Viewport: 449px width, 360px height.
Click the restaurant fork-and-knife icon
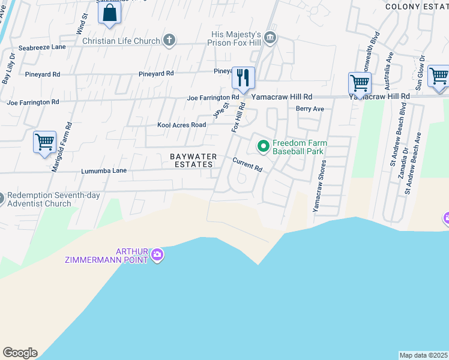tap(243, 77)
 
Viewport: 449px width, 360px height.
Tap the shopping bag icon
tap(109, 12)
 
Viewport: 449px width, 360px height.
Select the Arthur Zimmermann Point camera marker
tap(157, 255)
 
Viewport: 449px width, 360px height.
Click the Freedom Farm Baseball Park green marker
tap(263, 146)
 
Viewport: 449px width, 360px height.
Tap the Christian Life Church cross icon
tap(169, 41)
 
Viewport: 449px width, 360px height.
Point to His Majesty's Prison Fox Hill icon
tap(270, 38)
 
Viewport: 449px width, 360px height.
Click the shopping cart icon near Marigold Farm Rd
tap(45, 142)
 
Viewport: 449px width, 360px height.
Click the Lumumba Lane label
tap(104, 171)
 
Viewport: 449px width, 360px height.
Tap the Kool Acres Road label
tap(181, 125)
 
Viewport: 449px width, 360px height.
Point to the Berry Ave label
tap(310, 109)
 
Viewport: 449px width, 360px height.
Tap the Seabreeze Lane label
tap(42, 47)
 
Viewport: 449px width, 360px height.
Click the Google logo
tap(20, 353)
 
